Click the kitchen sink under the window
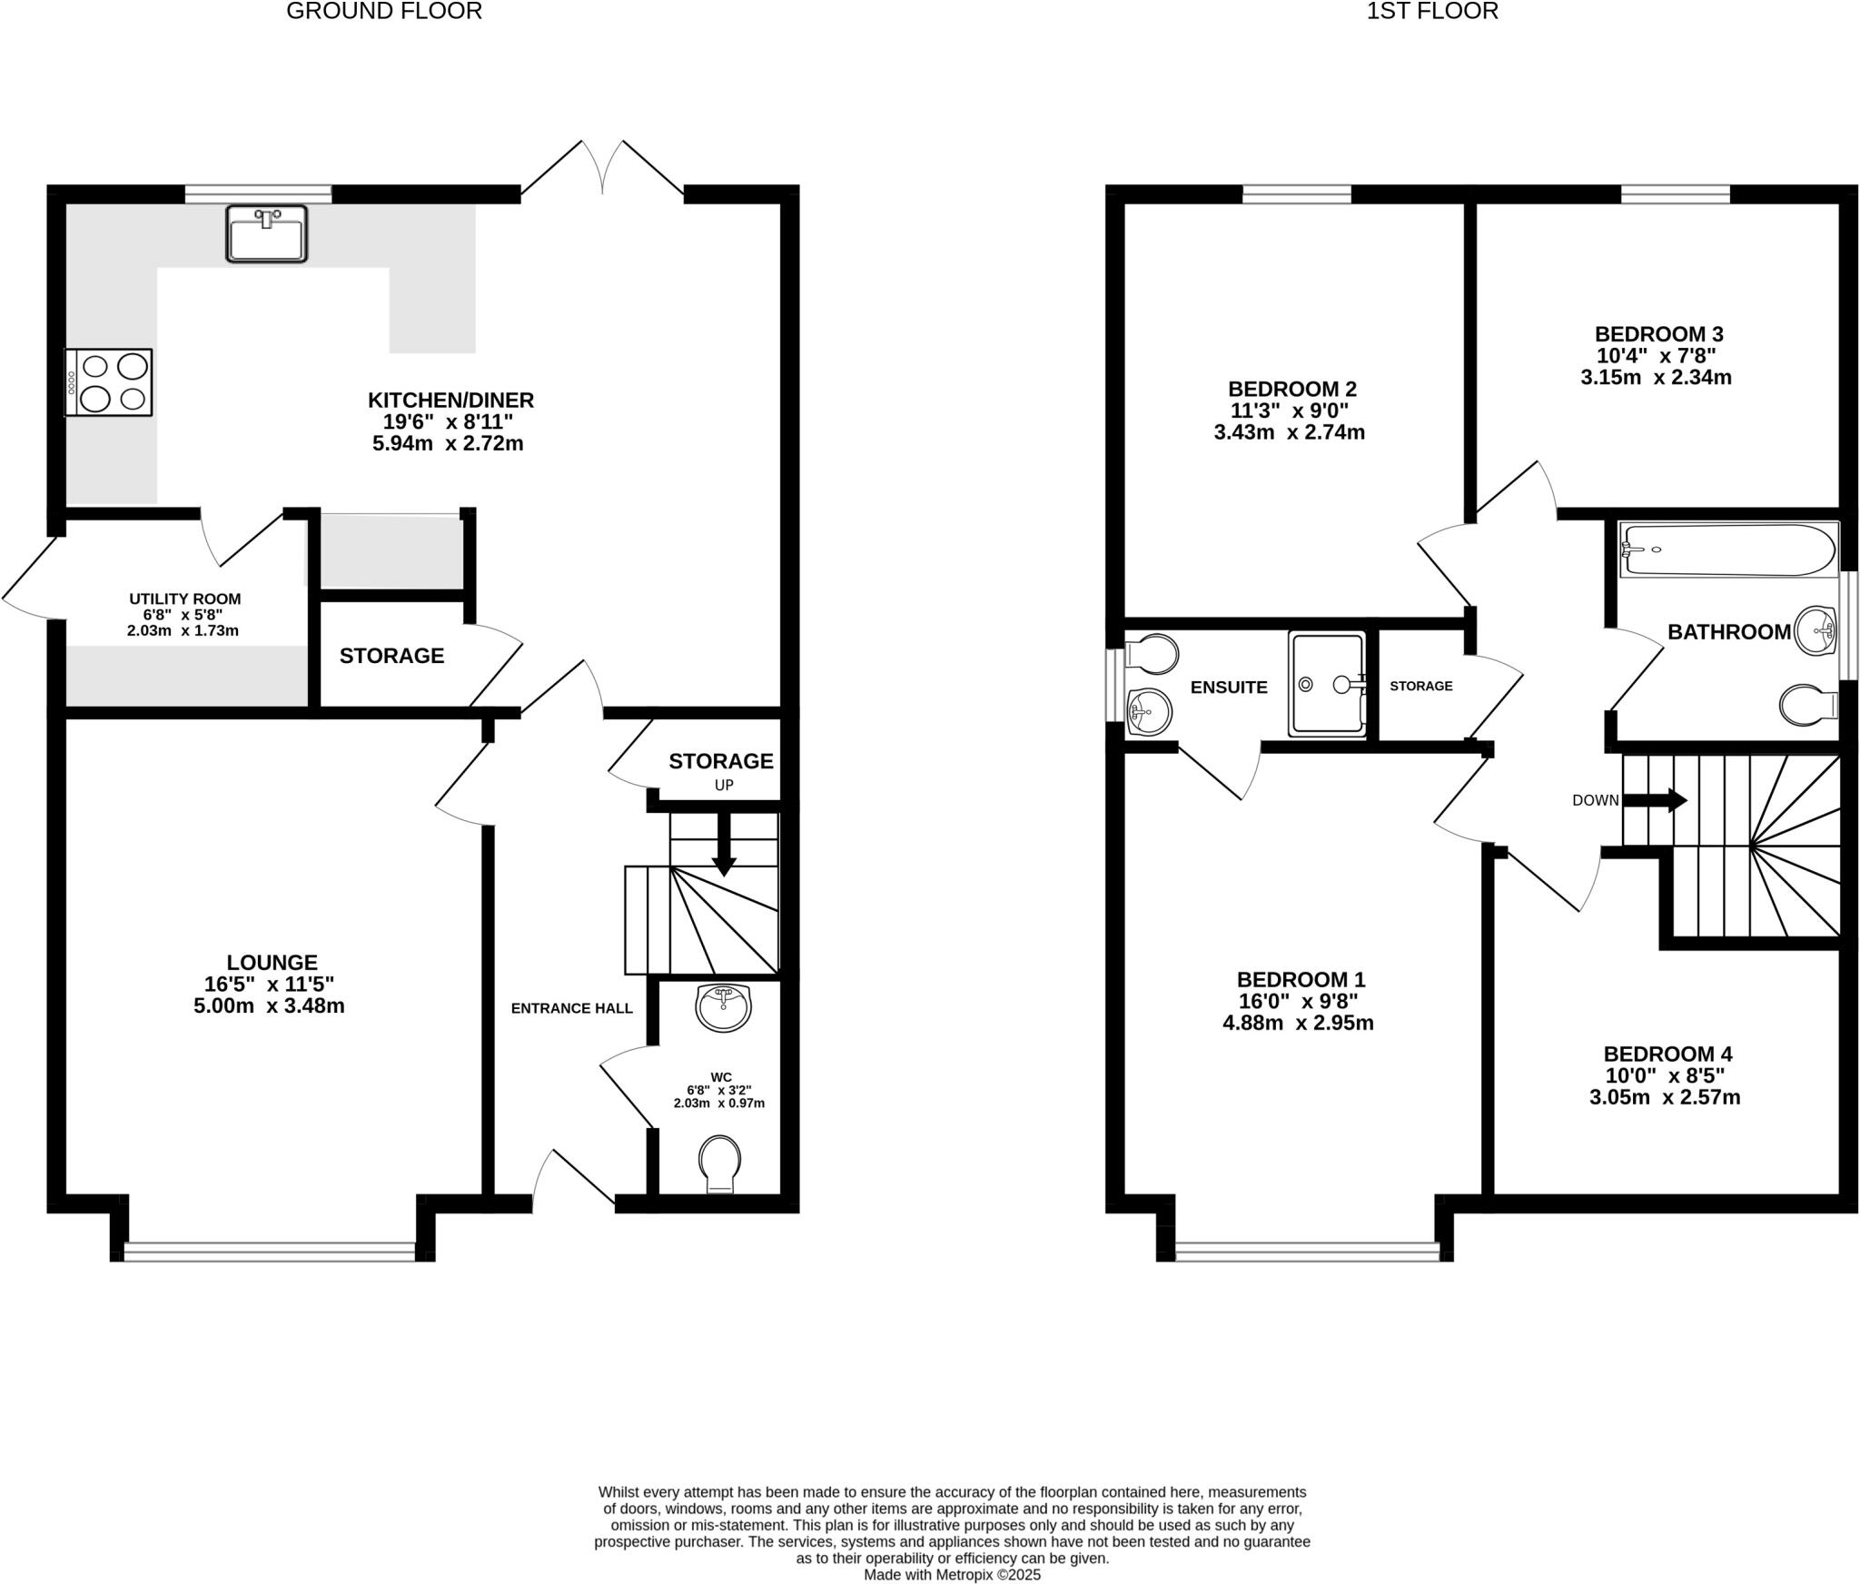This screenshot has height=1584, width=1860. click(x=266, y=233)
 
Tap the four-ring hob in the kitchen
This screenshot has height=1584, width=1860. click(x=108, y=382)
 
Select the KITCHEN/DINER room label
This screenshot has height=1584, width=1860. click(x=450, y=400)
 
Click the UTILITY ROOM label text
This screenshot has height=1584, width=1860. click(x=184, y=599)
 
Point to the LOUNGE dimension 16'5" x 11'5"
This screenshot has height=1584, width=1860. click(x=269, y=984)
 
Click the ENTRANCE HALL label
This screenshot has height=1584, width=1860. click(x=571, y=1008)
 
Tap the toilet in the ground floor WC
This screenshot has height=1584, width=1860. click(x=719, y=1163)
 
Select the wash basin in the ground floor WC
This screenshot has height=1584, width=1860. click(x=722, y=1007)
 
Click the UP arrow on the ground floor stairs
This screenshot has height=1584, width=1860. click(x=724, y=845)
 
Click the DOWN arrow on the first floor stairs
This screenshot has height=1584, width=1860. click(x=1655, y=800)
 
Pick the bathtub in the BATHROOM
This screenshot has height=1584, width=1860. click(x=1728, y=549)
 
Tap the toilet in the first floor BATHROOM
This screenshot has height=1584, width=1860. click(x=1807, y=705)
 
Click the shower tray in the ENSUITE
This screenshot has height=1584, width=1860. click(x=1327, y=683)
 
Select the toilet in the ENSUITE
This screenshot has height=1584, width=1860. click(x=1151, y=654)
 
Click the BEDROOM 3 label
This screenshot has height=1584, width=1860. click(x=1658, y=333)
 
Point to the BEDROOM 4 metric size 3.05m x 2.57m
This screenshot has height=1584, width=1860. click(x=1664, y=1097)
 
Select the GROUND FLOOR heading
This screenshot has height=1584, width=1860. click(x=384, y=11)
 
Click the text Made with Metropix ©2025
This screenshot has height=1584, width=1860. click(x=951, y=1575)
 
